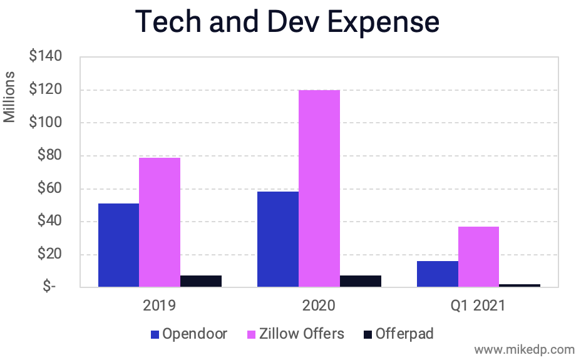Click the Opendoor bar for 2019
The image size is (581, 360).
coord(118,245)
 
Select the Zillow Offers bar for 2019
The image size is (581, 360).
coord(160,222)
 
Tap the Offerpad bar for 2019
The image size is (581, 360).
coord(201,281)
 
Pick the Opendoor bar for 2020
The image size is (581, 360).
coord(277,239)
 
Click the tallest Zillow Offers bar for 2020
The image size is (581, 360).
coord(319,188)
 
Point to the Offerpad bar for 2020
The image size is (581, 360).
coord(361,281)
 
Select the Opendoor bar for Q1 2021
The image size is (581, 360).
coord(437,274)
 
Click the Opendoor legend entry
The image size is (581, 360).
coord(188,334)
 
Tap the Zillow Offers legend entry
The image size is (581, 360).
coord(300,334)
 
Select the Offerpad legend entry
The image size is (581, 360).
coord(398,334)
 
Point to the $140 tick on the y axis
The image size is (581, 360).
coord(45,57)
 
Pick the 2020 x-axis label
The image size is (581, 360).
coord(318,306)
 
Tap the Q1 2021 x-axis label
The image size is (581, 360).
coord(478,306)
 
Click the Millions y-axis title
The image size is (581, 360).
coord(11,97)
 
